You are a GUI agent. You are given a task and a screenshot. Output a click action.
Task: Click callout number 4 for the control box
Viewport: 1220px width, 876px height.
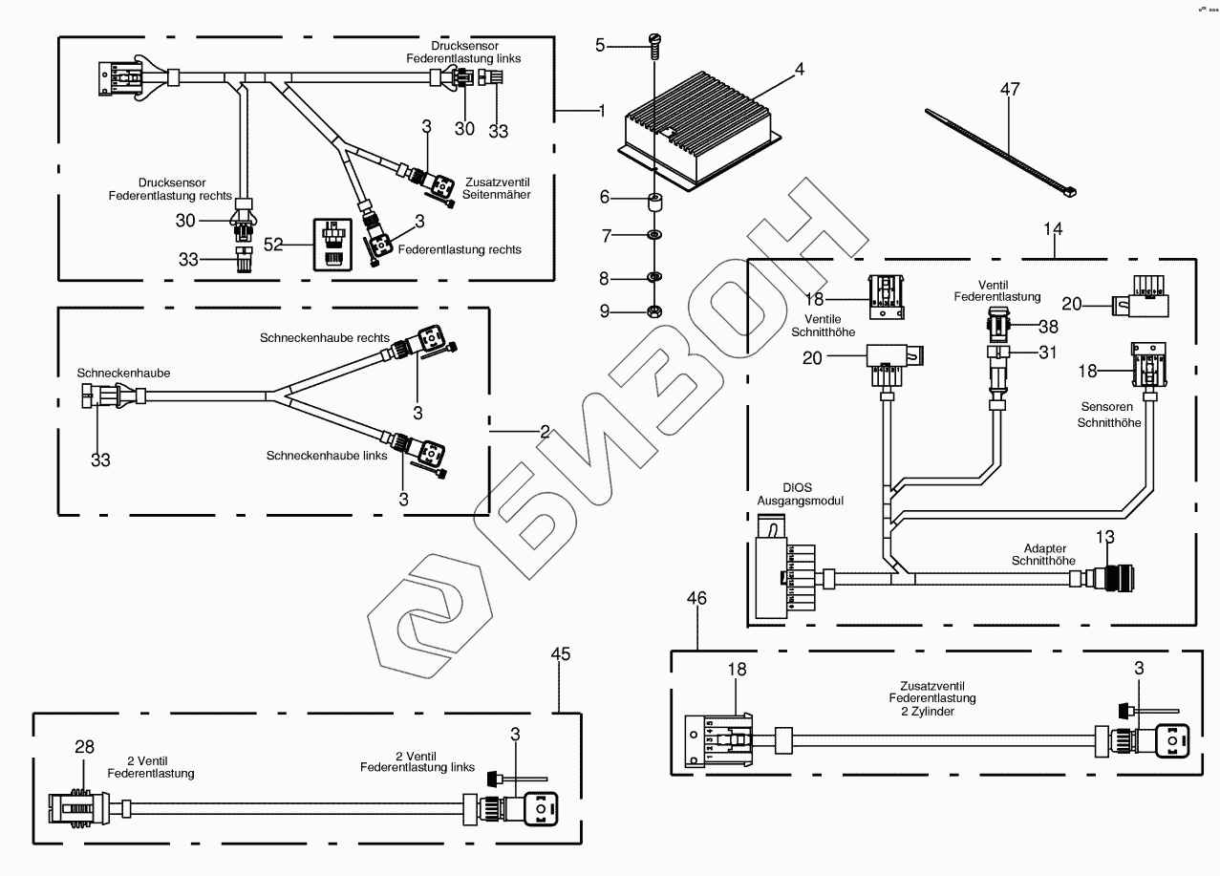pos(799,70)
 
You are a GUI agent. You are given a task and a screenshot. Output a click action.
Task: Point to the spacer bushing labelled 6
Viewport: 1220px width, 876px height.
pos(654,202)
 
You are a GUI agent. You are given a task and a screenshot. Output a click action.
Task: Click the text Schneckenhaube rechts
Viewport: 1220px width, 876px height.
pos(325,338)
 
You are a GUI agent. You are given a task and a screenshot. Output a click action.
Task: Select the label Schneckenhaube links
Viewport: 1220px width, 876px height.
pos(327,456)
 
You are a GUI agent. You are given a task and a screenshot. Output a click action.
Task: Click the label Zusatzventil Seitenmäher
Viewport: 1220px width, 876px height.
pos(497,187)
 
